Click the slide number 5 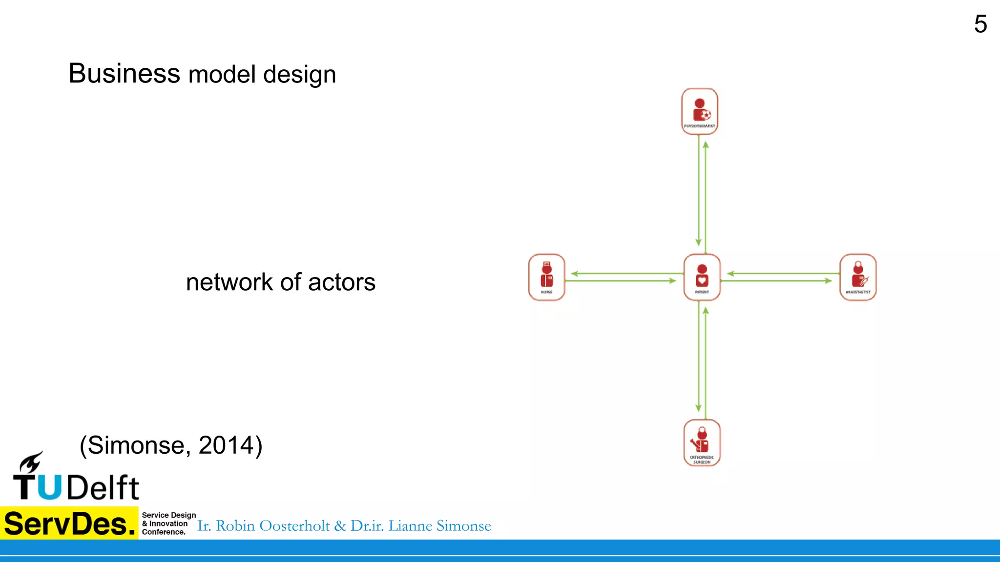(x=980, y=24)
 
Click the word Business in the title (x=125, y=74)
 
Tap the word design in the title (x=299, y=75)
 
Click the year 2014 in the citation (x=227, y=445)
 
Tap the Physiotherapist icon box (x=699, y=111)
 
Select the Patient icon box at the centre (x=702, y=277)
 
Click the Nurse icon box (x=546, y=277)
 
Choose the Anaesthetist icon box (x=858, y=277)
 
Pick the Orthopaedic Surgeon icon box (x=702, y=442)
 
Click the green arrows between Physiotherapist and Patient (x=702, y=194)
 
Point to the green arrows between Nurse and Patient (x=624, y=277)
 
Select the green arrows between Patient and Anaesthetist (x=780, y=277)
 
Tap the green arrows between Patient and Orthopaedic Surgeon (x=702, y=360)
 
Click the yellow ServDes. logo (x=69, y=523)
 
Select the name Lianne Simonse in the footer (x=439, y=526)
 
